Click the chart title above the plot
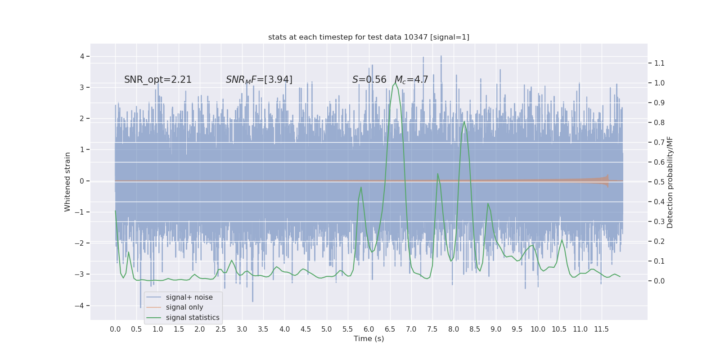coord(369,37)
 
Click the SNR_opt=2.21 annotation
coord(158,80)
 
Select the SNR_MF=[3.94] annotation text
coord(259,80)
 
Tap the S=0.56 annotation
coord(369,80)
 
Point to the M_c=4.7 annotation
coord(411,80)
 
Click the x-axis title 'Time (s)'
coord(369,338)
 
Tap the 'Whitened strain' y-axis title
coord(67,182)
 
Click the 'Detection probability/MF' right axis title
coord(670,182)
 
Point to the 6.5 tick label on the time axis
coord(390,329)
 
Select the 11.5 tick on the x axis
coord(601,329)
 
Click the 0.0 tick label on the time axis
coord(115,329)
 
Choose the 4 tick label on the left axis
coord(82,56)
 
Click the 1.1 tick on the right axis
coord(659,63)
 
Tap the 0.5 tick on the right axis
coord(659,182)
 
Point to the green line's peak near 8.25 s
coord(464,121)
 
